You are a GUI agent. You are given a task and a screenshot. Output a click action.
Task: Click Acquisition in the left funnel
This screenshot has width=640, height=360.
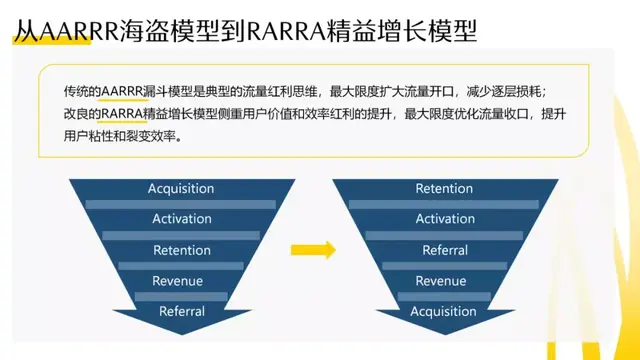tap(181, 188)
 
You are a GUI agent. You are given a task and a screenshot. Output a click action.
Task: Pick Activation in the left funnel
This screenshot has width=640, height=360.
tap(181, 219)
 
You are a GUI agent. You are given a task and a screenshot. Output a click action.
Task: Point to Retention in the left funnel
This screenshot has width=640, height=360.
tap(181, 250)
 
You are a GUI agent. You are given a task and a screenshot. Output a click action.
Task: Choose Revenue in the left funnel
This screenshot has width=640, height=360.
tap(178, 281)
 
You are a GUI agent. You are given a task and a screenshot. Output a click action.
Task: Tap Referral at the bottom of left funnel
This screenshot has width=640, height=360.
tap(182, 311)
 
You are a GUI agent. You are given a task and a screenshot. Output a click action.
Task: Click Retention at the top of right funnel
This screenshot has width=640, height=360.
tap(444, 188)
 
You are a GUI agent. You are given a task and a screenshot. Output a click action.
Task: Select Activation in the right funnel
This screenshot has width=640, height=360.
tap(445, 219)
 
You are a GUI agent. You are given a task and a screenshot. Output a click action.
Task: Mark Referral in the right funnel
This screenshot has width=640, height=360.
tap(445, 250)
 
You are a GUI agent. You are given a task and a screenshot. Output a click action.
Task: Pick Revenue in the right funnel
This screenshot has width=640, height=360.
tap(441, 281)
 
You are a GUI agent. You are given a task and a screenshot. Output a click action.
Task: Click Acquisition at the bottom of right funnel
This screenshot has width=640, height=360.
tap(444, 311)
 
